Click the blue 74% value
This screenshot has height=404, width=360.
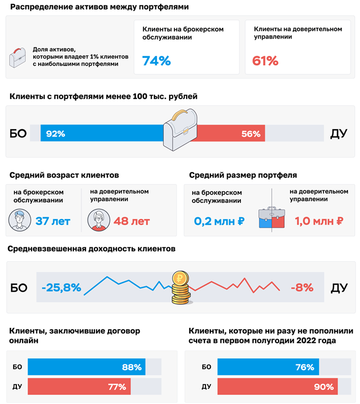pyautogui.click(x=157, y=61)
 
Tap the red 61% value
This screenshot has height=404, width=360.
pyautogui.click(x=265, y=61)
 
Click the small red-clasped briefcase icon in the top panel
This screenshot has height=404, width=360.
pyautogui.click(x=18, y=56)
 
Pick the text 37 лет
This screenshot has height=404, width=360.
pyautogui.click(x=53, y=221)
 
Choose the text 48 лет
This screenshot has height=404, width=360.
pyautogui.click(x=132, y=221)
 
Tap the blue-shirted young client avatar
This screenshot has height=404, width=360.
pyautogui.click(x=19, y=220)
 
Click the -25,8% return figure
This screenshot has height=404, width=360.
pyautogui.click(x=61, y=287)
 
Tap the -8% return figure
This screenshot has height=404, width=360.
pyautogui.click(x=301, y=287)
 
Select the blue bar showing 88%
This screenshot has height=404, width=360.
pyautogui.click(x=86, y=367)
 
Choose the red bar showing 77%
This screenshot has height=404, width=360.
pyautogui.click(x=79, y=387)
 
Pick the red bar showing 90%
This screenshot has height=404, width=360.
pyautogui.click(x=277, y=387)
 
